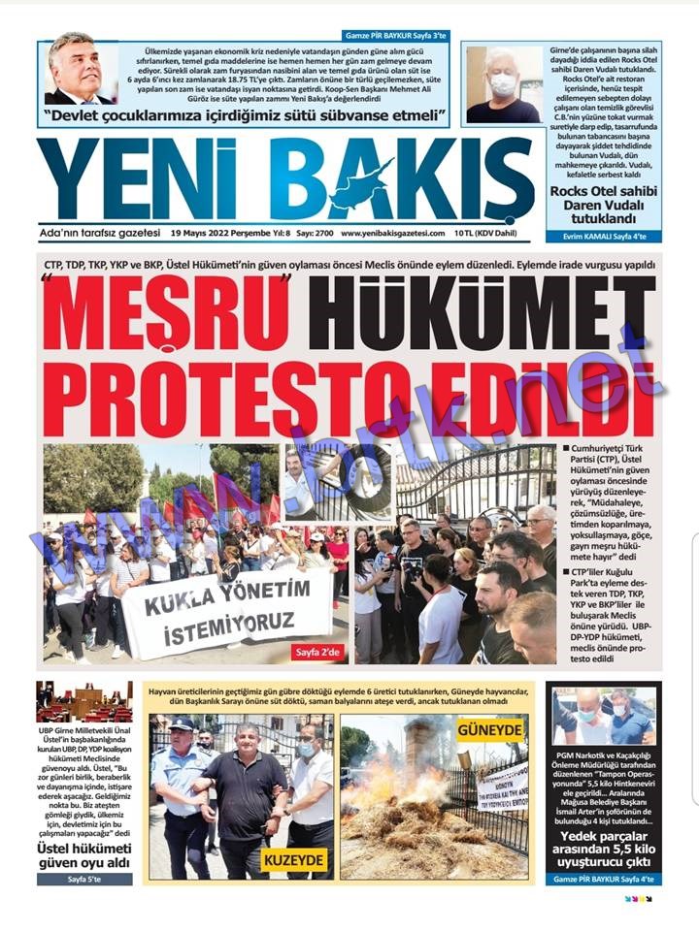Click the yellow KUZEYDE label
tap(294, 859)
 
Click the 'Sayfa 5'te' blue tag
tap(83, 880)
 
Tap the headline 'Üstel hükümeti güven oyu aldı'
tap(83, 854)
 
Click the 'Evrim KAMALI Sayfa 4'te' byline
tap(603, 236)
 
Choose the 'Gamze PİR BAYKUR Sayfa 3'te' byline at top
tap(395, 35)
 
